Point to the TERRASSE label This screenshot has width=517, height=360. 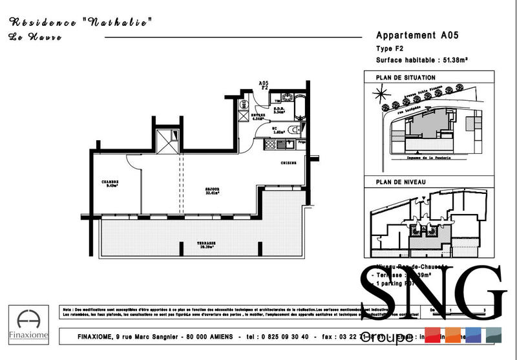click(x=207, y=245)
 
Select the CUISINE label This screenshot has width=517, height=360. click(x=288, y=163)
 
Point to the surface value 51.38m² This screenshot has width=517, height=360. click(x=455, y=59)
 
